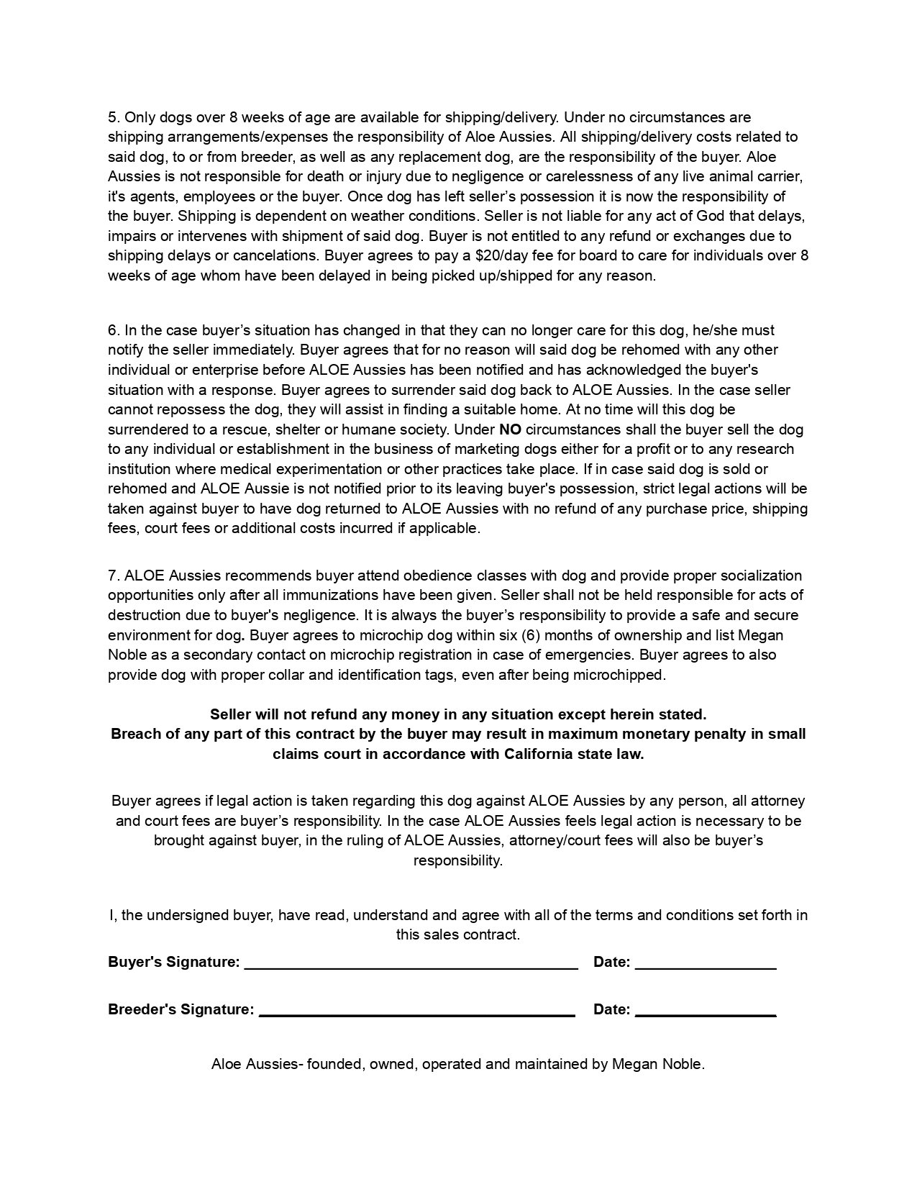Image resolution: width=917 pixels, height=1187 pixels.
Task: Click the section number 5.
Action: pyautogui.click(x=113, y=117)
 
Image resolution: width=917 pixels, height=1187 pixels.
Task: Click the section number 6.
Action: pyautogui.click(x=113, y=330)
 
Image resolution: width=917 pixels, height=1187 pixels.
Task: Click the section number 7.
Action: pyautogui.click(x=113, y=576)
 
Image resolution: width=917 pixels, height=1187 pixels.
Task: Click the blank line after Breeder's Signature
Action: pyautogui.click(x=416, y=1011)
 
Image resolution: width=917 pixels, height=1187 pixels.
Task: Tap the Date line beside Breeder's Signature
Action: pyautogui.click(x=706, y=1011)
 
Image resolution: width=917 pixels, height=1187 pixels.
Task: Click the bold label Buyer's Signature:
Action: pyautogui.click(x=173, y=962)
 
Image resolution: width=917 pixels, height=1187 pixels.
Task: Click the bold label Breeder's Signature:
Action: pyautogui.click(x=181, y=1009)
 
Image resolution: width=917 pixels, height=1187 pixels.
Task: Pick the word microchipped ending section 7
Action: pyautogui.click(x=624, y=675)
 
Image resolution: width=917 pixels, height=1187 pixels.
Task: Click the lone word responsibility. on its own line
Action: pyautogui.click(x=458, y=860)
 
